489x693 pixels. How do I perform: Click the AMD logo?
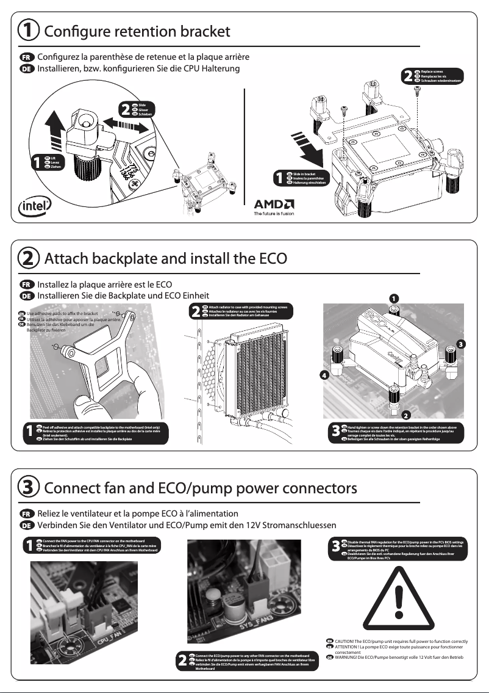pos(274,203)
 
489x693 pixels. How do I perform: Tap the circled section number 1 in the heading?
pos(28,30)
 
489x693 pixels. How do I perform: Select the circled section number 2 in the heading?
pos(28,258)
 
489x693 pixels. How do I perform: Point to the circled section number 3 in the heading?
pos(28,488)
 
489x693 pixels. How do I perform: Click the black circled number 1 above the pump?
pos(394,297)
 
